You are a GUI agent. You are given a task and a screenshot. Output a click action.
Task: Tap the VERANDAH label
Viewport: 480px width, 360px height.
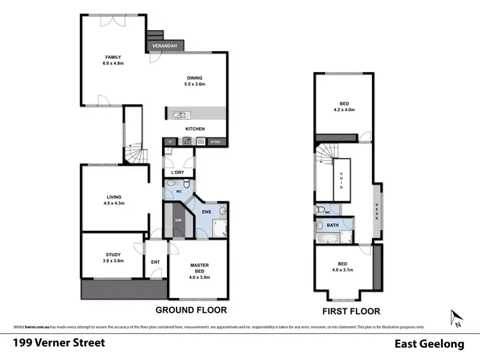point(165,46)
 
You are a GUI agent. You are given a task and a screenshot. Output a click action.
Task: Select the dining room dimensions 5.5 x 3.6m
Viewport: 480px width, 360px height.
point(195,84)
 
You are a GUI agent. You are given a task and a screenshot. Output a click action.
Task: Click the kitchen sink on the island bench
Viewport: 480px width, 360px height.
point(181,116)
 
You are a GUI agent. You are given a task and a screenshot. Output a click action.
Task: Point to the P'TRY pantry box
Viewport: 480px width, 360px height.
point(214,141)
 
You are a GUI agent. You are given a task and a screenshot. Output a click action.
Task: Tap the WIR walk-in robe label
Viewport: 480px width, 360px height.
point(179,221)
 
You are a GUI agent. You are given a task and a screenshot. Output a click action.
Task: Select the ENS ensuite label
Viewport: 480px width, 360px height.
point(207,212)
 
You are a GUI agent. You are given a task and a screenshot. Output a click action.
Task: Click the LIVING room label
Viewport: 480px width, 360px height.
point(114,197)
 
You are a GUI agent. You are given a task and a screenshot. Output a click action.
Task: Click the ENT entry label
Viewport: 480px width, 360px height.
point(155,261)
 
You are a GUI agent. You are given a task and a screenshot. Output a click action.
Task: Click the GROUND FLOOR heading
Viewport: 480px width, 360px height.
point(191,309)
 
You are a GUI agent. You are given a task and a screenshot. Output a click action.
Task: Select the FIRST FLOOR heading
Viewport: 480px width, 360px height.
point(351,311)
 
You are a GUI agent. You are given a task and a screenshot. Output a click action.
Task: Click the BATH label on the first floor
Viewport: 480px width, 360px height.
point(332,225)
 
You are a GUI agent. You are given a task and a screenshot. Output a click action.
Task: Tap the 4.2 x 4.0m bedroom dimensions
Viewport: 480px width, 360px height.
point(344,110)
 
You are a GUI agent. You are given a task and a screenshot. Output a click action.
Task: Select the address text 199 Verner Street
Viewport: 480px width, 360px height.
point(59,343)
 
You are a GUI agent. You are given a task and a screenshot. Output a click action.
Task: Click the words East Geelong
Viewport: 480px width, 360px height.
point(429,344)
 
